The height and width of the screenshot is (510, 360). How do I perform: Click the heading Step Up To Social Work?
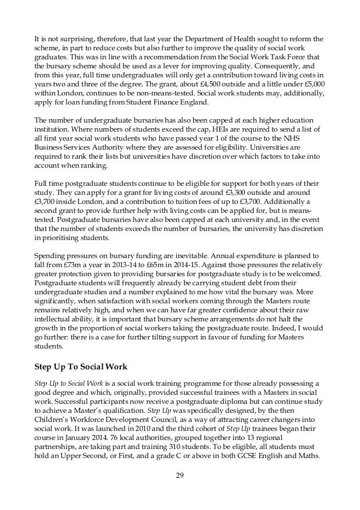tap(80, 364)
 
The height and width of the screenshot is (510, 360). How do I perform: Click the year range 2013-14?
tap(115, 265)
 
